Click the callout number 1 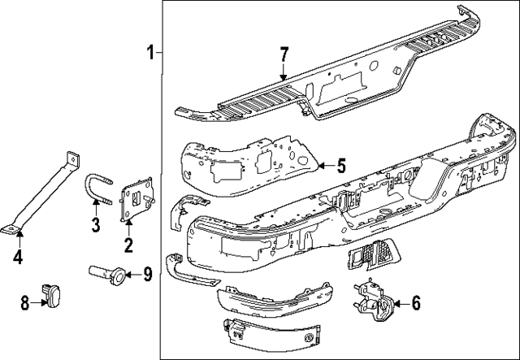coord(150,53)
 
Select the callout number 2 coord(128,245)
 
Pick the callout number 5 coord(340,166)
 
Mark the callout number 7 coord(284,55)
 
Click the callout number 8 coord(24,302)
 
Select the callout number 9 coord(147,274)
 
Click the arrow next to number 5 coord(323,166)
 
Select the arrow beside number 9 coord(133,275)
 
